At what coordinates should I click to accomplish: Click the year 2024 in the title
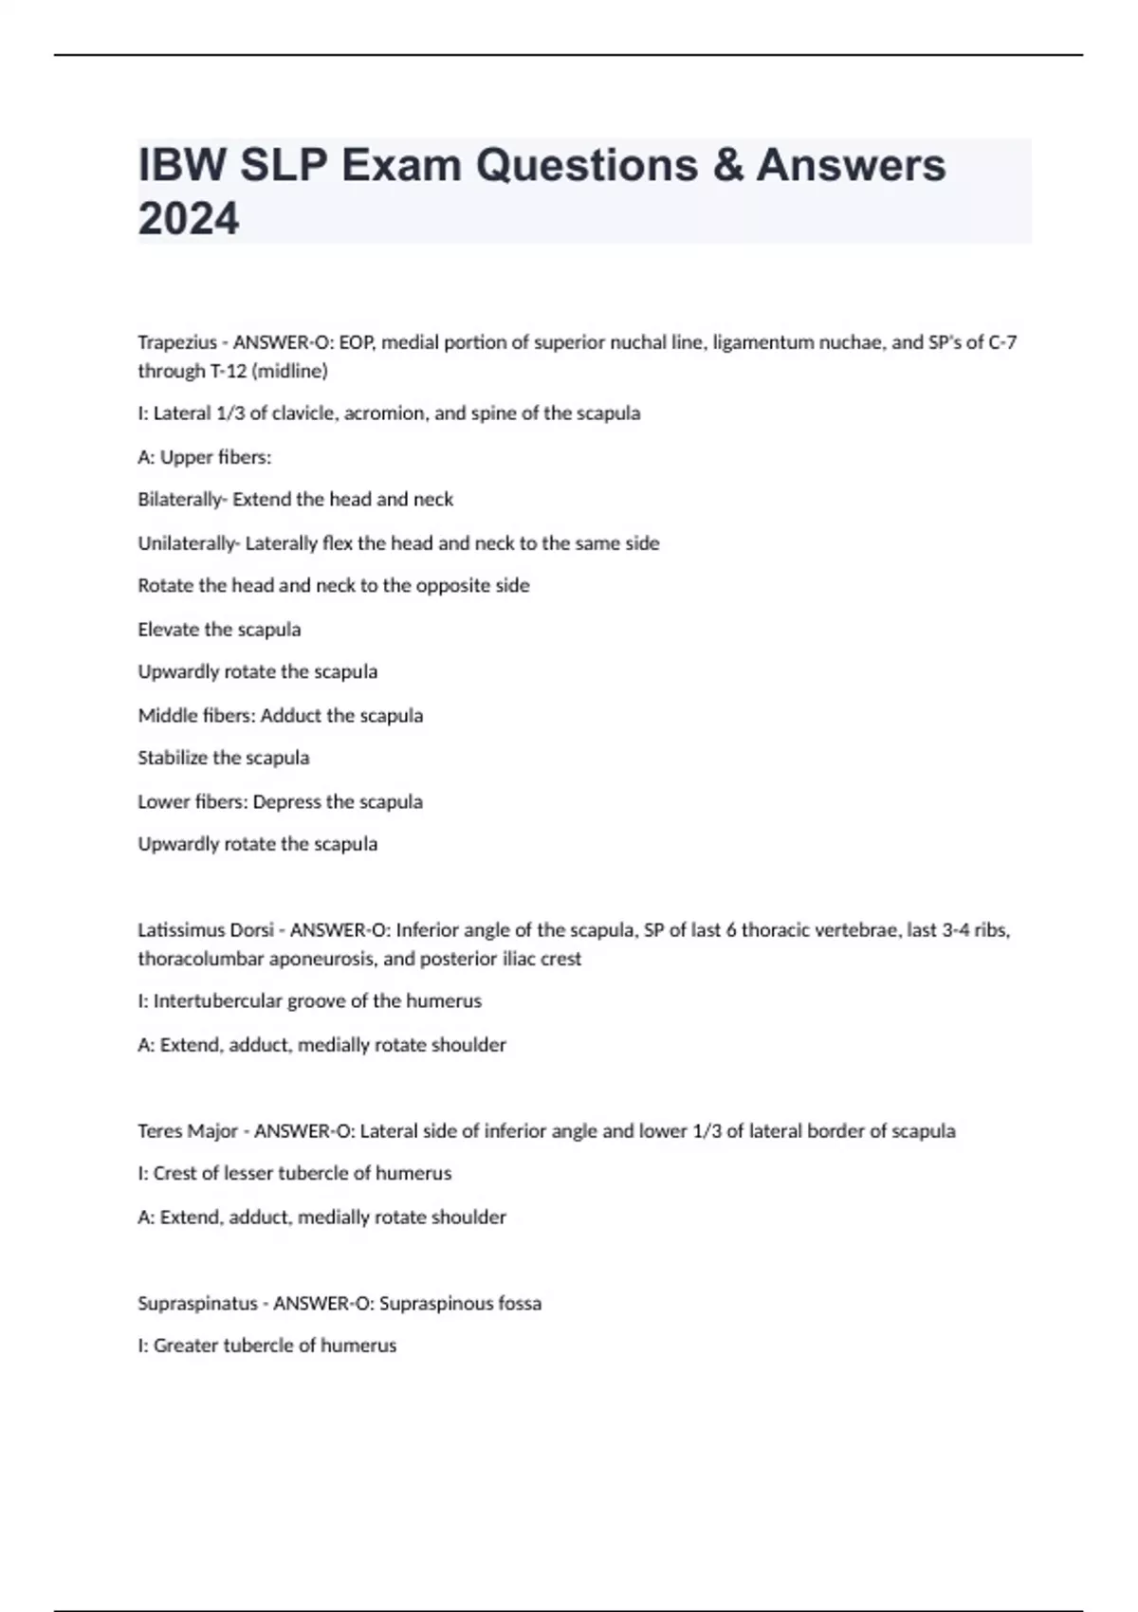(189, 219)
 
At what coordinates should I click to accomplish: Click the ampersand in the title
(727, 165)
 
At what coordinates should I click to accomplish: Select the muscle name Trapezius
(176, 342)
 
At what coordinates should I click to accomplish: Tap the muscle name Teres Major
(188, 1130)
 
